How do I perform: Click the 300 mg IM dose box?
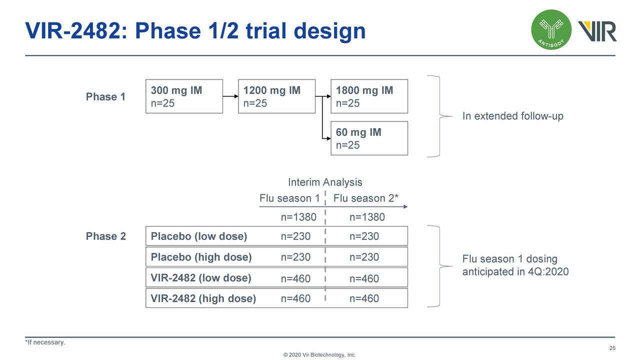[184, 96]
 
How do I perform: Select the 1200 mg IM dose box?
[276, 96]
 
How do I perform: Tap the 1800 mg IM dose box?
[369, 96]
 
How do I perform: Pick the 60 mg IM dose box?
[369, 138]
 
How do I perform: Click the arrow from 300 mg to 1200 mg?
[230, 96]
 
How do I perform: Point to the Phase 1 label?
[105, 96]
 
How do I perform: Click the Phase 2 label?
[105, 236]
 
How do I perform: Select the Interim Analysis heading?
[325, 182]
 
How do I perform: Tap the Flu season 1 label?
[289, 198]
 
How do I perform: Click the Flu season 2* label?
[366, 198]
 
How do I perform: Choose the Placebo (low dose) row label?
[199, 236]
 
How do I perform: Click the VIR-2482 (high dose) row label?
[203, 299]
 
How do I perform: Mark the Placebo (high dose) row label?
[201, 257]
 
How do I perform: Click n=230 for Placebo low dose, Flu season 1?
[295, 236]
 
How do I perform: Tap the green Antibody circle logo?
[551, 30]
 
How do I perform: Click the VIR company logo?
[597, 31]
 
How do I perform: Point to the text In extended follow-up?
[512, 116]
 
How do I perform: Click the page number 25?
[612, 348]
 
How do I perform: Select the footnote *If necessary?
[45, 342]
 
